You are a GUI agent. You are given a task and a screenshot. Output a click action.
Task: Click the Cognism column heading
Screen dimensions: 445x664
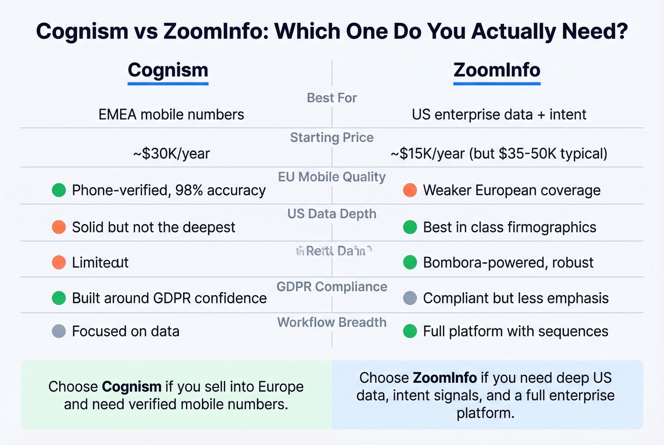(x=168, y=70)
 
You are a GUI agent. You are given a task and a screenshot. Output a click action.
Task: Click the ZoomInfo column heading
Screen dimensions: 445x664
(x=497, y=70)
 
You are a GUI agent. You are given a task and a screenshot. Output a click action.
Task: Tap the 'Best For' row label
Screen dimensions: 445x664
(x=332, y=98)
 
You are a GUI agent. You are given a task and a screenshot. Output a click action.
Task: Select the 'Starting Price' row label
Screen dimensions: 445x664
(x=332, y=137)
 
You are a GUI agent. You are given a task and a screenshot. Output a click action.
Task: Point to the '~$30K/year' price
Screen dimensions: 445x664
(x=171, y=154)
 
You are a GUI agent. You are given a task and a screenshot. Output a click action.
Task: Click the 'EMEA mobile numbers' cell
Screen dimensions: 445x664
(x=171, y=114)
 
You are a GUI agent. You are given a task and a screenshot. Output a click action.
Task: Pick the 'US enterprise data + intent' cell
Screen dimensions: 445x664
(x=499, y=114)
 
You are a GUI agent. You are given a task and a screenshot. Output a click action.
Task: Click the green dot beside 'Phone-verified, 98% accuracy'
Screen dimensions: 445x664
(x=59, y=190)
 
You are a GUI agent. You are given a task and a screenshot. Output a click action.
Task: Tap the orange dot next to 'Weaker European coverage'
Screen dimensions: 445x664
(x=410, y=190)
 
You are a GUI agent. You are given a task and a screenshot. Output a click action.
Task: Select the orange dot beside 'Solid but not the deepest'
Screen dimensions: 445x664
(x=59, y=227)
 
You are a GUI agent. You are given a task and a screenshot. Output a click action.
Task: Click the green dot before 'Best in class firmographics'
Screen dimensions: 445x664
(x=410, y=227)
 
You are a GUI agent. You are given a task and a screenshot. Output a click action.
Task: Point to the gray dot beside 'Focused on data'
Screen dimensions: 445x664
(x=59, y=331)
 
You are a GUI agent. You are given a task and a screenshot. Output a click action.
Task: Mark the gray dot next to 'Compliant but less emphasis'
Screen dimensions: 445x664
(x=410, y=298)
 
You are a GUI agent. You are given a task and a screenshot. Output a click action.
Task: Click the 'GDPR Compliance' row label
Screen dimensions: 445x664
(x=332, y=287)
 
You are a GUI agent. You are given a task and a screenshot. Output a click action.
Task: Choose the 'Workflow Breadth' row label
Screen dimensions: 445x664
(x=332, y=322)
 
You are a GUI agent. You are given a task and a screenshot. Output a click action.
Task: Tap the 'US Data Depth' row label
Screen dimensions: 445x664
(x=332, y=214)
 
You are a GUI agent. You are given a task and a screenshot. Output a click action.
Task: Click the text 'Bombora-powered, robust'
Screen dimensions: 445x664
(x=508, y=263)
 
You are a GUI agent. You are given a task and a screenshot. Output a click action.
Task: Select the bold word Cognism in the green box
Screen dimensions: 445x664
(x=132, y=387)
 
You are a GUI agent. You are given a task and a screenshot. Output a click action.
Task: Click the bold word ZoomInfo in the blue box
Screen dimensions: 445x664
(x=444, y=378)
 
